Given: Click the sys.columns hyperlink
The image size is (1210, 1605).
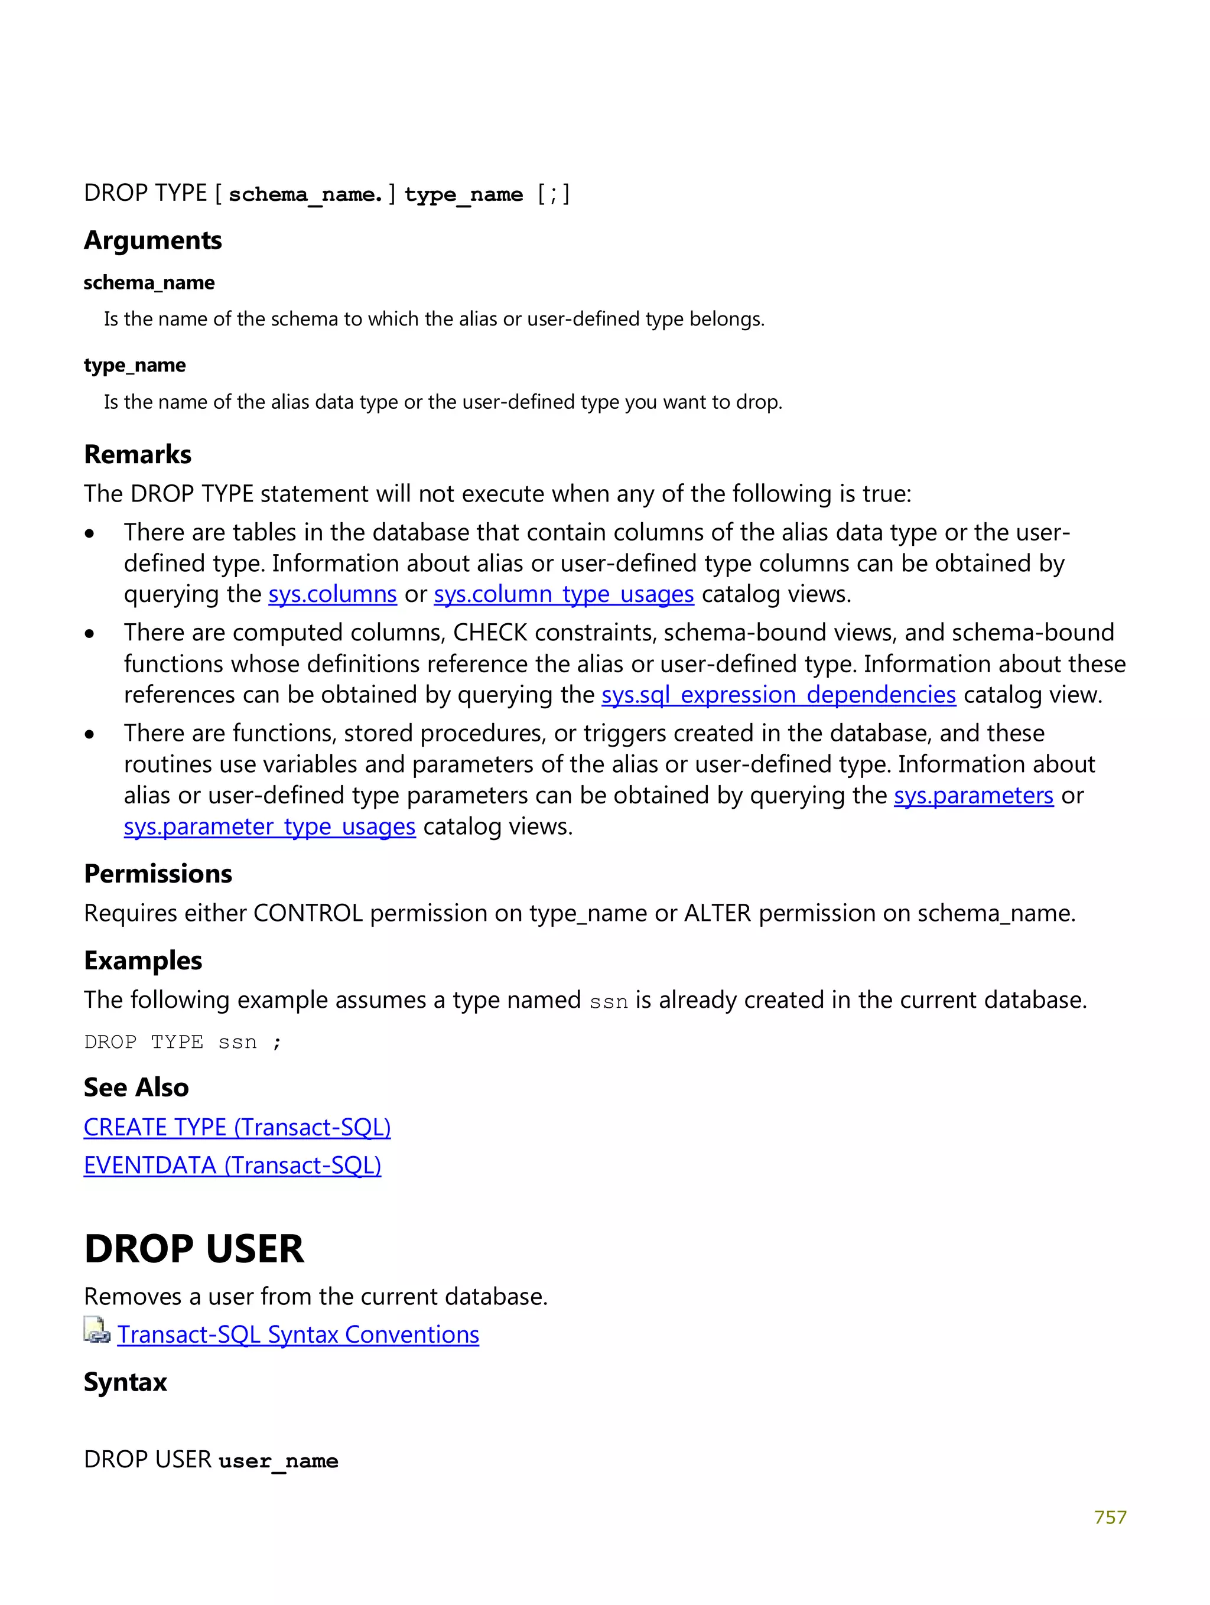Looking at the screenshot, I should tap(333, 594).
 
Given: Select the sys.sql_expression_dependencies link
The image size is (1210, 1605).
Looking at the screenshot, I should tap(778, 695).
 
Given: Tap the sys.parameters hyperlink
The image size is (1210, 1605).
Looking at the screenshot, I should tap(972, 796).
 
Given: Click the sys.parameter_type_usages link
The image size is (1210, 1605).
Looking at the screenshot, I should tap(269, 827).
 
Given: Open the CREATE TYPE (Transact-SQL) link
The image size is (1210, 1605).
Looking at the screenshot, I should tap(237, 1127).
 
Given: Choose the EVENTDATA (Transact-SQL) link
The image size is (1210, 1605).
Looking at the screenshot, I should tap(232, 1166).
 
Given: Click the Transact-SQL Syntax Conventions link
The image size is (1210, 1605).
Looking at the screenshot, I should tap(298, 1335).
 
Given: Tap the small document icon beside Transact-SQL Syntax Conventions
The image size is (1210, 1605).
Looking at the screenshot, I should tap(96, 1331).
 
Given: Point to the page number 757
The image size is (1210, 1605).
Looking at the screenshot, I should tap(1110, 1517).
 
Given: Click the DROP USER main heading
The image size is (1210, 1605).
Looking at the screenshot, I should tap(194, 1249).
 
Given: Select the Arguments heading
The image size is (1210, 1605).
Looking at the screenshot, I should tap(152, 240).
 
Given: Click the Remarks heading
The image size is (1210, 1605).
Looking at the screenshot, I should tap(138, 454).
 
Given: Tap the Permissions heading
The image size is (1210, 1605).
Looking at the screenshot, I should tap(158, 874).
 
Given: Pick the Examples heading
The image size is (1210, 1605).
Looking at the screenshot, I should tap(143, 960).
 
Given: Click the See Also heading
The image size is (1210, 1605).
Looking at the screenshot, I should tap(136, 1088).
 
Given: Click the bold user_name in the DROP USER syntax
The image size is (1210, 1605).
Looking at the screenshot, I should tap(278, 1461).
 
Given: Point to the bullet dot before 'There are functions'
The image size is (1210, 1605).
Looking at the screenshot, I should tap(89, 735).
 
